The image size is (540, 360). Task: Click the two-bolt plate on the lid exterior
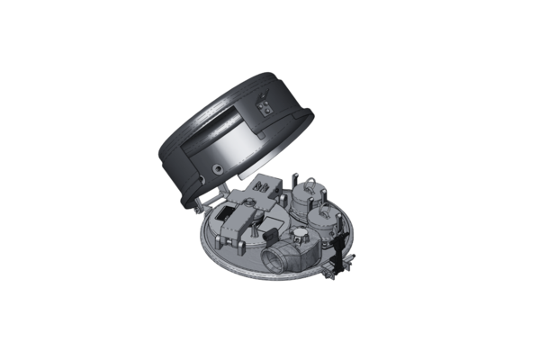tap(265, 110)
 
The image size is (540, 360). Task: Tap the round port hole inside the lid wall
tap(219, 167)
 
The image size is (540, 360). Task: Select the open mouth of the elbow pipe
tap(272, 261)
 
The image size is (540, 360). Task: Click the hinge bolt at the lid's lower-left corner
tap(197, 210)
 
